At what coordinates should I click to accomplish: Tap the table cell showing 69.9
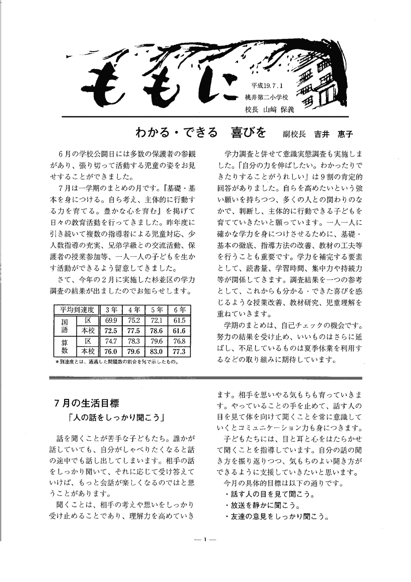(111, 320)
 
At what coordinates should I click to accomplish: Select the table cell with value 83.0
(157, 352)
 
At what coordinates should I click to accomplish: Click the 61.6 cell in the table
(179, 331)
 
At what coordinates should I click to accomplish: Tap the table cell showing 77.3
(179, 352)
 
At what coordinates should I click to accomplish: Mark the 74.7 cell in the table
(111, 341)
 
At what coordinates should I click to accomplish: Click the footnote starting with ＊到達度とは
(117, 362)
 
